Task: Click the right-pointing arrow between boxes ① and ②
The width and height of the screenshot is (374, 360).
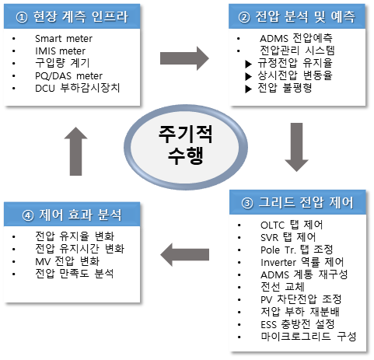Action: tap(184, 58)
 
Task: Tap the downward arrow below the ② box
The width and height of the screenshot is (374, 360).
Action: tap(296, 147)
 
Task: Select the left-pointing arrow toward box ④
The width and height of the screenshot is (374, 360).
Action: tap(184, 255)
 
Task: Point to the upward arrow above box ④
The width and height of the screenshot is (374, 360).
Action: tap(75, 151)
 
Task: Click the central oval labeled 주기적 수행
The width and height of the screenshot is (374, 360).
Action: tap(186, 147)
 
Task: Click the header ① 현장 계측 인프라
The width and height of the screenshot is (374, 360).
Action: tap(72, 16)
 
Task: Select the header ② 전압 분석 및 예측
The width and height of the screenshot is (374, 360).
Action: tap(297, 16)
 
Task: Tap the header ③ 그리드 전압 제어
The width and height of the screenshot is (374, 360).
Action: tap(298, 202)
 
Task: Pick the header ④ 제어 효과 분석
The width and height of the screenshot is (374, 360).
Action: tap(72, 215)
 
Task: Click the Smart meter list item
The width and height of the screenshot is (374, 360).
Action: tap(64, 39)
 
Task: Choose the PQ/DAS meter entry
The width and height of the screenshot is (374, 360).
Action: tap(68, 76)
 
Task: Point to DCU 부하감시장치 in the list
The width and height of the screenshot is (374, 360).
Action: tap(78, 88)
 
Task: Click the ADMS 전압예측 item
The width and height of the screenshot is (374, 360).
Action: tap(296, 38)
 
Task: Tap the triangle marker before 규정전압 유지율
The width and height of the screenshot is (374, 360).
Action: tap(249, 64)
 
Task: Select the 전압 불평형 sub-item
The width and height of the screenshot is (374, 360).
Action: tap(285, 88)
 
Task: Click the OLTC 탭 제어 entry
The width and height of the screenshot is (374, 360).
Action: tap(292, 225)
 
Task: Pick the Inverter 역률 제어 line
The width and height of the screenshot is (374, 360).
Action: tap(302, 262)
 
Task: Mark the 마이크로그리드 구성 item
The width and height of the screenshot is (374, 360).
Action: tap(309, 337)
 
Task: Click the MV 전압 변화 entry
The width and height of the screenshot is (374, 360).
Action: tap(68, 261)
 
